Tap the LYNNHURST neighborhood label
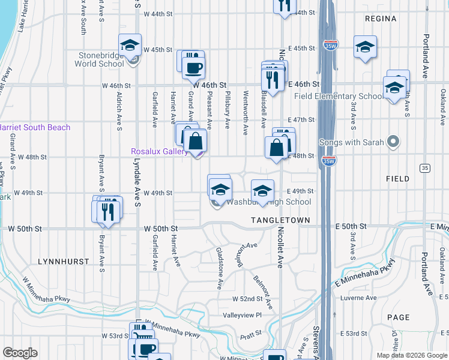[63, 262]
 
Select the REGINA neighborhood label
[381, 19]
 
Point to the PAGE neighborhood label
[399, 317]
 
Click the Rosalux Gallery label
[160, 152]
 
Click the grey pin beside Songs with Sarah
[393, 142]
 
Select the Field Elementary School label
[339, 96]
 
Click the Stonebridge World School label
[100, 59]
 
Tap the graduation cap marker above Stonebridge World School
[129, 46]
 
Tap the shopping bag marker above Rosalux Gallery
[196, 142]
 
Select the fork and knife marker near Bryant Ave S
[108, 211]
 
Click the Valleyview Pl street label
[243, 315]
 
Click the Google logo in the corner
[20, 353]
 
